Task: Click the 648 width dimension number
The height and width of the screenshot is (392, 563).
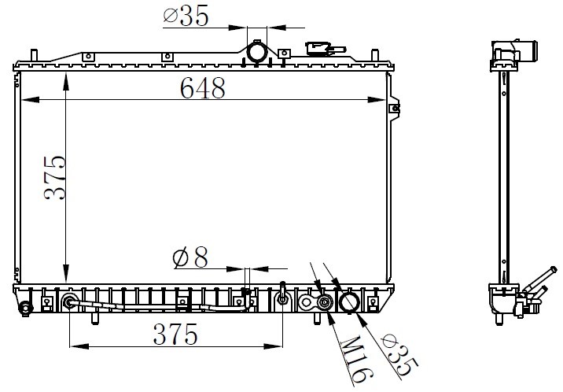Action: (x=203, y=88)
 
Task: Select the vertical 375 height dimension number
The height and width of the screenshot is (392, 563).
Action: (x=55, y=178)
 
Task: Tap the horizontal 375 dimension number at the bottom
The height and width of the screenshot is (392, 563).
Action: (x=175, y=335)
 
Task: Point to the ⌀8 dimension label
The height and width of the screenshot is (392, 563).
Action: (x=190, y=257)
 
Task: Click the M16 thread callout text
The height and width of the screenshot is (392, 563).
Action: (x=357, y=359)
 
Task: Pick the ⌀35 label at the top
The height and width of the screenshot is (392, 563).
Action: (x=186, y=16)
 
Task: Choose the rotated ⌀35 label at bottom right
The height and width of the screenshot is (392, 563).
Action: (x=399, y=354)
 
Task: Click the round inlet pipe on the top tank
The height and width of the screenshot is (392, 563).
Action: (x=257, y=53)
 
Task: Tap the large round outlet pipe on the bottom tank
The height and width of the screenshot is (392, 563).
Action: (x=348, y=301)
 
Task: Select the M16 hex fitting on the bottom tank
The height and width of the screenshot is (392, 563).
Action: (x=325, y=301)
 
